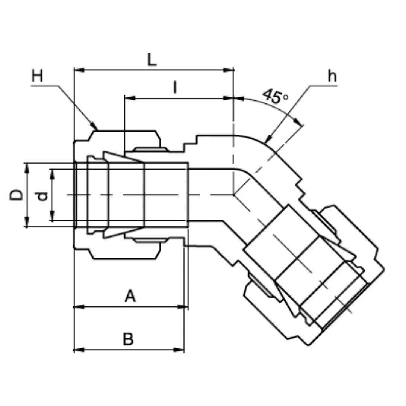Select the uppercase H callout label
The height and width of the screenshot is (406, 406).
pyautogui.click(x=37, y=76)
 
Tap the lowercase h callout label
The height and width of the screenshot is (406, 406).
pyautogui.click(x=332, y=76)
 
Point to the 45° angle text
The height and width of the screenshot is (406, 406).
pyautogui.click(x=275, y=96)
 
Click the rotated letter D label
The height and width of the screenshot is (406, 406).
pyautogui.click(x=16, y=195)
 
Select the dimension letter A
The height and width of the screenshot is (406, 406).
pyautogui.click(x=130, y=297)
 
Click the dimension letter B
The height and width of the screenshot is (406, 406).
pyautogui.click(x=128, y=339)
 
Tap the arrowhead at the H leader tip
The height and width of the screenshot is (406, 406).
pyautogui.click(x=95, y=126)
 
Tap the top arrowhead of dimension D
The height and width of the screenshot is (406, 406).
pyautogui.click(x=27, y=167)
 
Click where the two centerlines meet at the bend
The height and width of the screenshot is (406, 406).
pyautogui.click(x=233, y=195)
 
